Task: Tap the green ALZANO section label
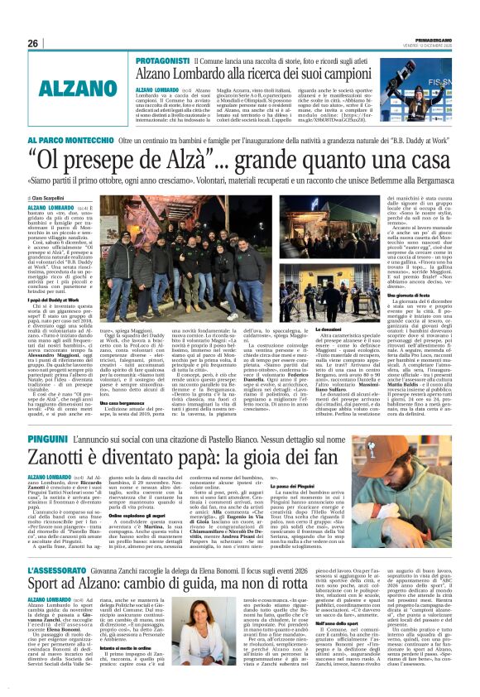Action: click(57, 89)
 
